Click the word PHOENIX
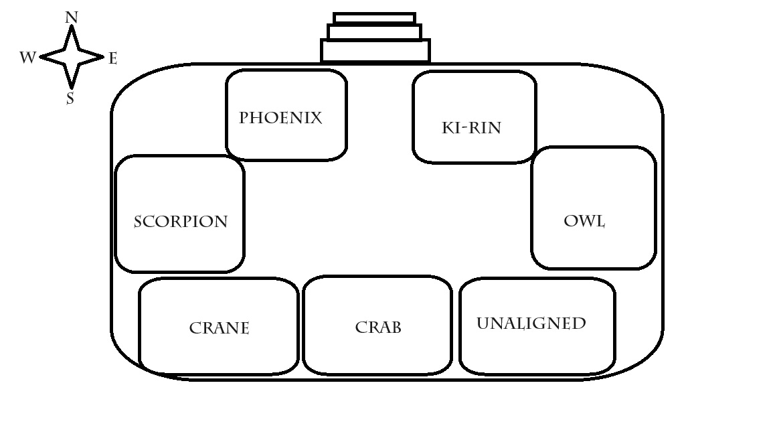[x=280, y=118]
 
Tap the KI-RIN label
[x=471, y=127]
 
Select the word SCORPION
[x=181, y=222]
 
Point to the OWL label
[x=584, y=221]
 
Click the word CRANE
[x=219, y=328]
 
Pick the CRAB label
[x=378, y=328]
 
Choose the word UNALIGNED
[x=531, y=323]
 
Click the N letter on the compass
[x=71, y=17]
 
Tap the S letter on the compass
[x=70, y=99]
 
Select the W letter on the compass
[x=27, y=58]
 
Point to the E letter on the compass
[x=112, y=58]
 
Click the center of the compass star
[x=71, y=58]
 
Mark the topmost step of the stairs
[x=374, y=18]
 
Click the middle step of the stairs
[x=374, y=31]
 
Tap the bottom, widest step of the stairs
[x=375, y=50]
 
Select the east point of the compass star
[x=102, y=58]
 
